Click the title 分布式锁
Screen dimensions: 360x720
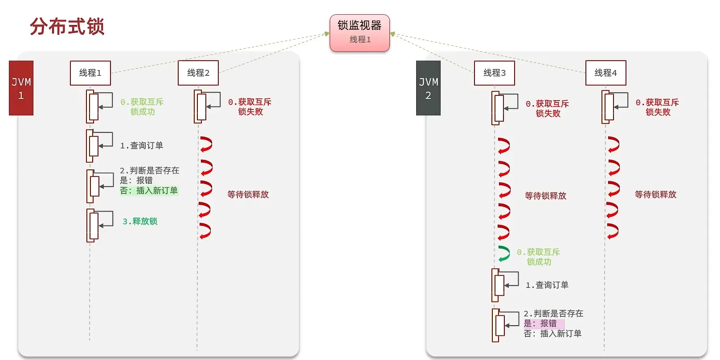coord(67,27)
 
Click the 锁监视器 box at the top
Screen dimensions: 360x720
coord(360,33)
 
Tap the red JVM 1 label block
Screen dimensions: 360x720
coord(21,88)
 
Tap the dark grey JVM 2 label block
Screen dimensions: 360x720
coord(428,88)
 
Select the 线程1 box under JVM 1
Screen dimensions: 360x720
coord(90,73)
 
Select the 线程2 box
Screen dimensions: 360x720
coord(198,73)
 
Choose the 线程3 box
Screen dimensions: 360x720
coord(495,73)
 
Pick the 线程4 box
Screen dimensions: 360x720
coord(605,73)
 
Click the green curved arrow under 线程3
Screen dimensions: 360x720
coord(504,254)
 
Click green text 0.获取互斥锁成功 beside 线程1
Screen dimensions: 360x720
coord(142,107)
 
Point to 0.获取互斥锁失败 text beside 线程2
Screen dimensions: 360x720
coord(250,107)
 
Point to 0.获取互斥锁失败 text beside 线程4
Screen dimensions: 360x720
coord(657,107)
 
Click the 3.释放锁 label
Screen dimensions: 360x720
coord(140,221)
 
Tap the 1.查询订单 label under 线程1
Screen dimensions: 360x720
coord(142,146)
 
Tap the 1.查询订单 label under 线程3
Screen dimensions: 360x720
coord(547,285)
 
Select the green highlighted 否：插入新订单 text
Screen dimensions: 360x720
coord(149,191)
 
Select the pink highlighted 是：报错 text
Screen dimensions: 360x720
coord(541,323)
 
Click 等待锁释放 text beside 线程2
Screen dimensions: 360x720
coord(248,195)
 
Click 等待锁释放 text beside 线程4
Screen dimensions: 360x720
coord(655,195)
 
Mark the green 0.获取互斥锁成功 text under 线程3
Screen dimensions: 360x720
coord(538,257)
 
